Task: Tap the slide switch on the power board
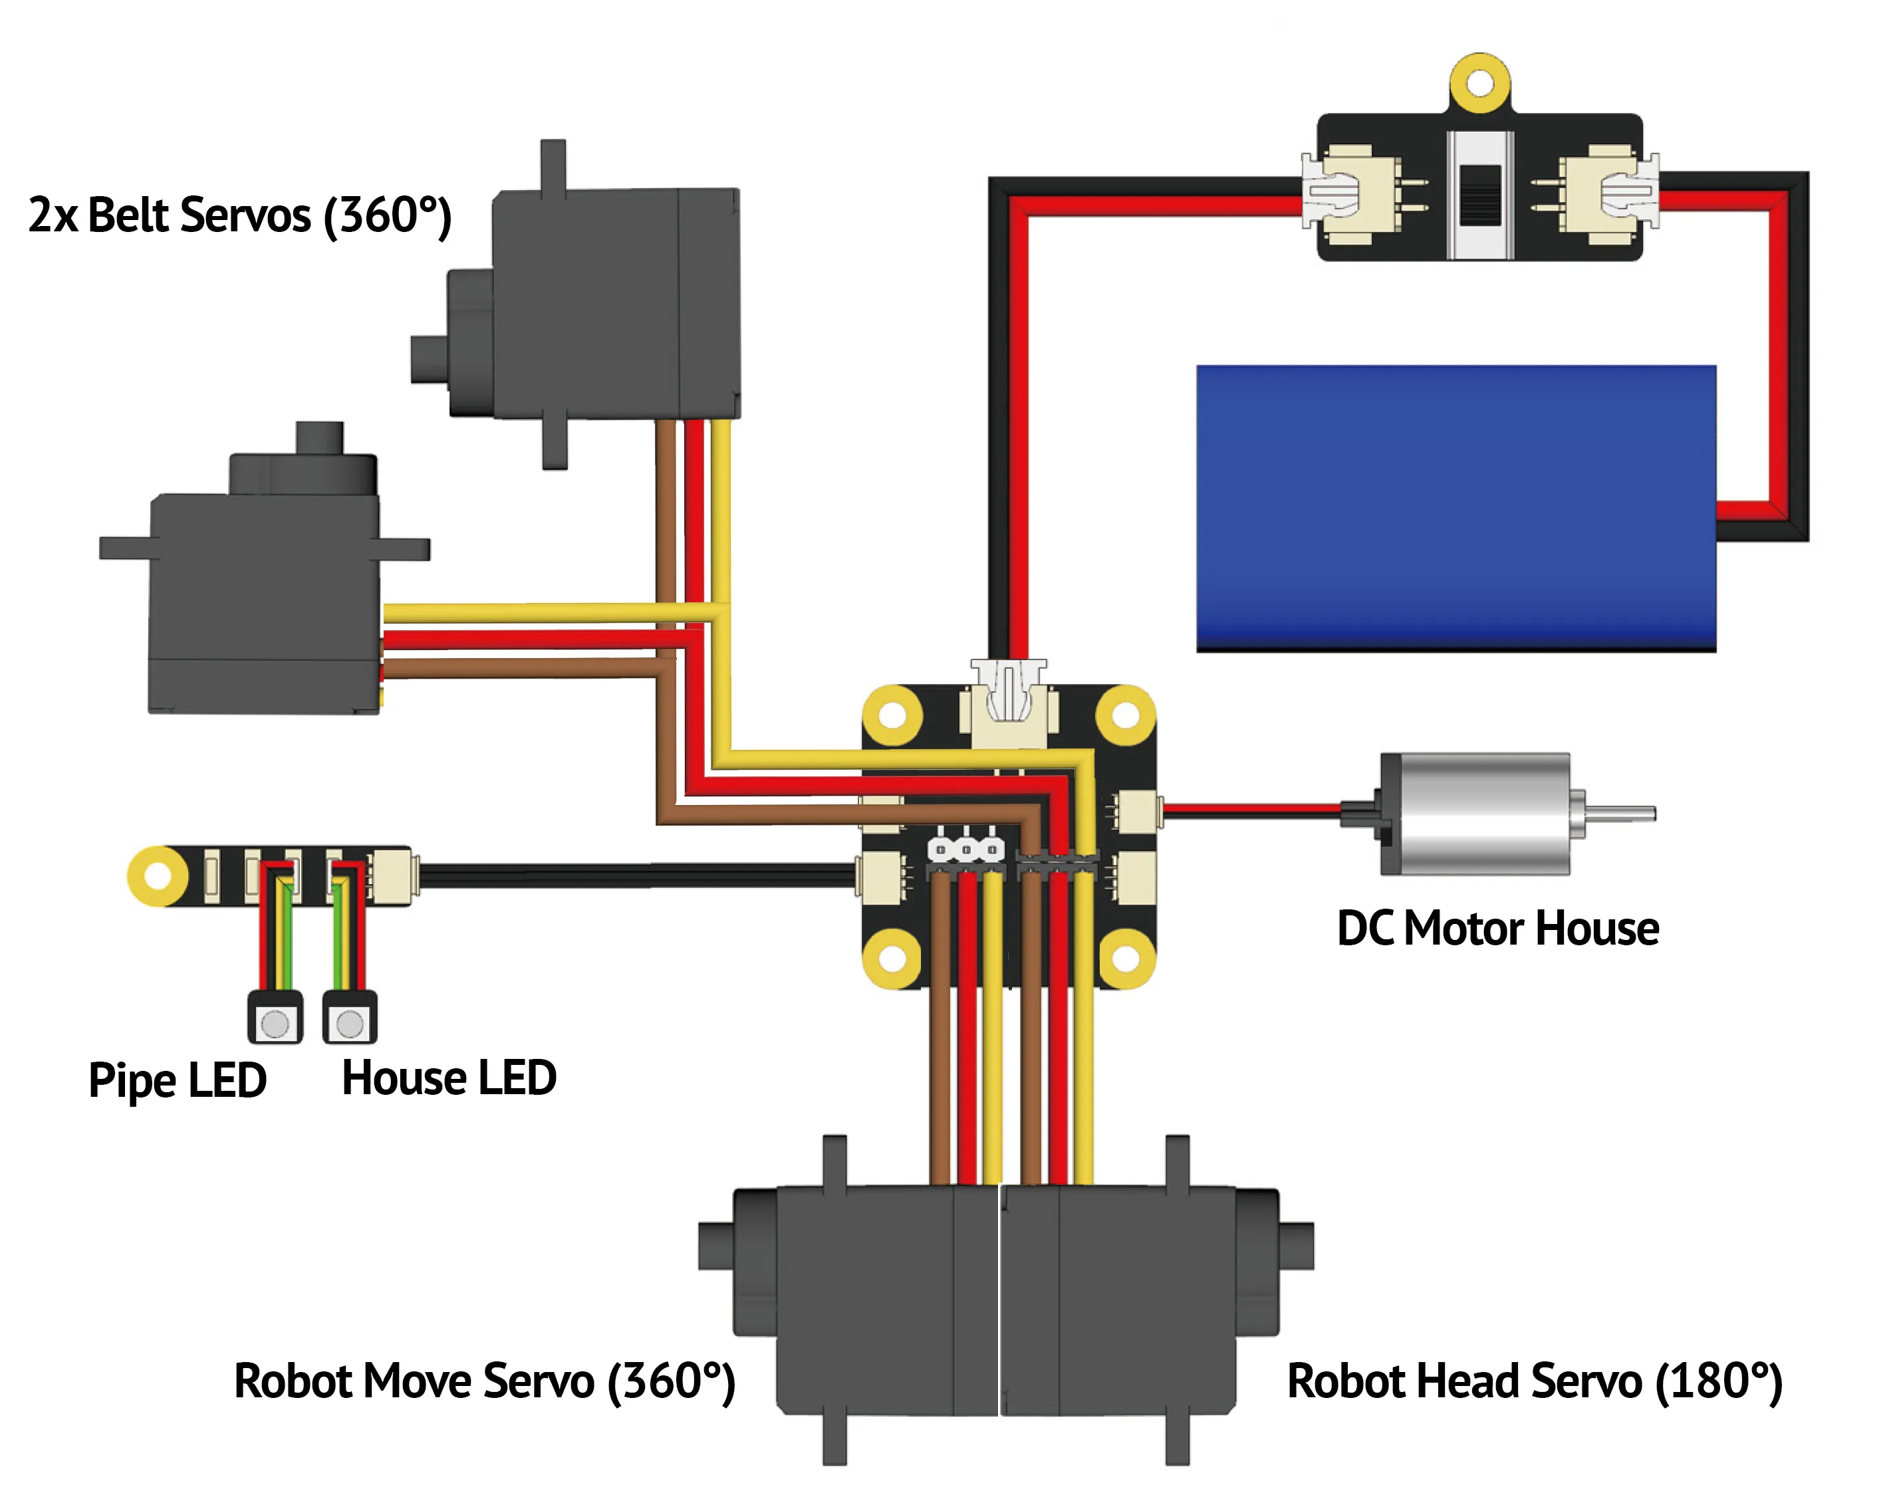tap(1479, 195)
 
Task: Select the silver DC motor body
tap(1475, 814)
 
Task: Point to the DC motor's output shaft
tap(1622, 814)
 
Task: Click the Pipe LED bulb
tap(275, 1022)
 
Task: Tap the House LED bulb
tap(350, 1022)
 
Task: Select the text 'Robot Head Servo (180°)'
tap(1534, 1382)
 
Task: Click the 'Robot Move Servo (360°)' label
tap(485, 1382)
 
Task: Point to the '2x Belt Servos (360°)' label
tap(240, 215)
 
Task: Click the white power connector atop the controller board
tap(1008, 703)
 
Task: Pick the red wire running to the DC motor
tap(1252, 811)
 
